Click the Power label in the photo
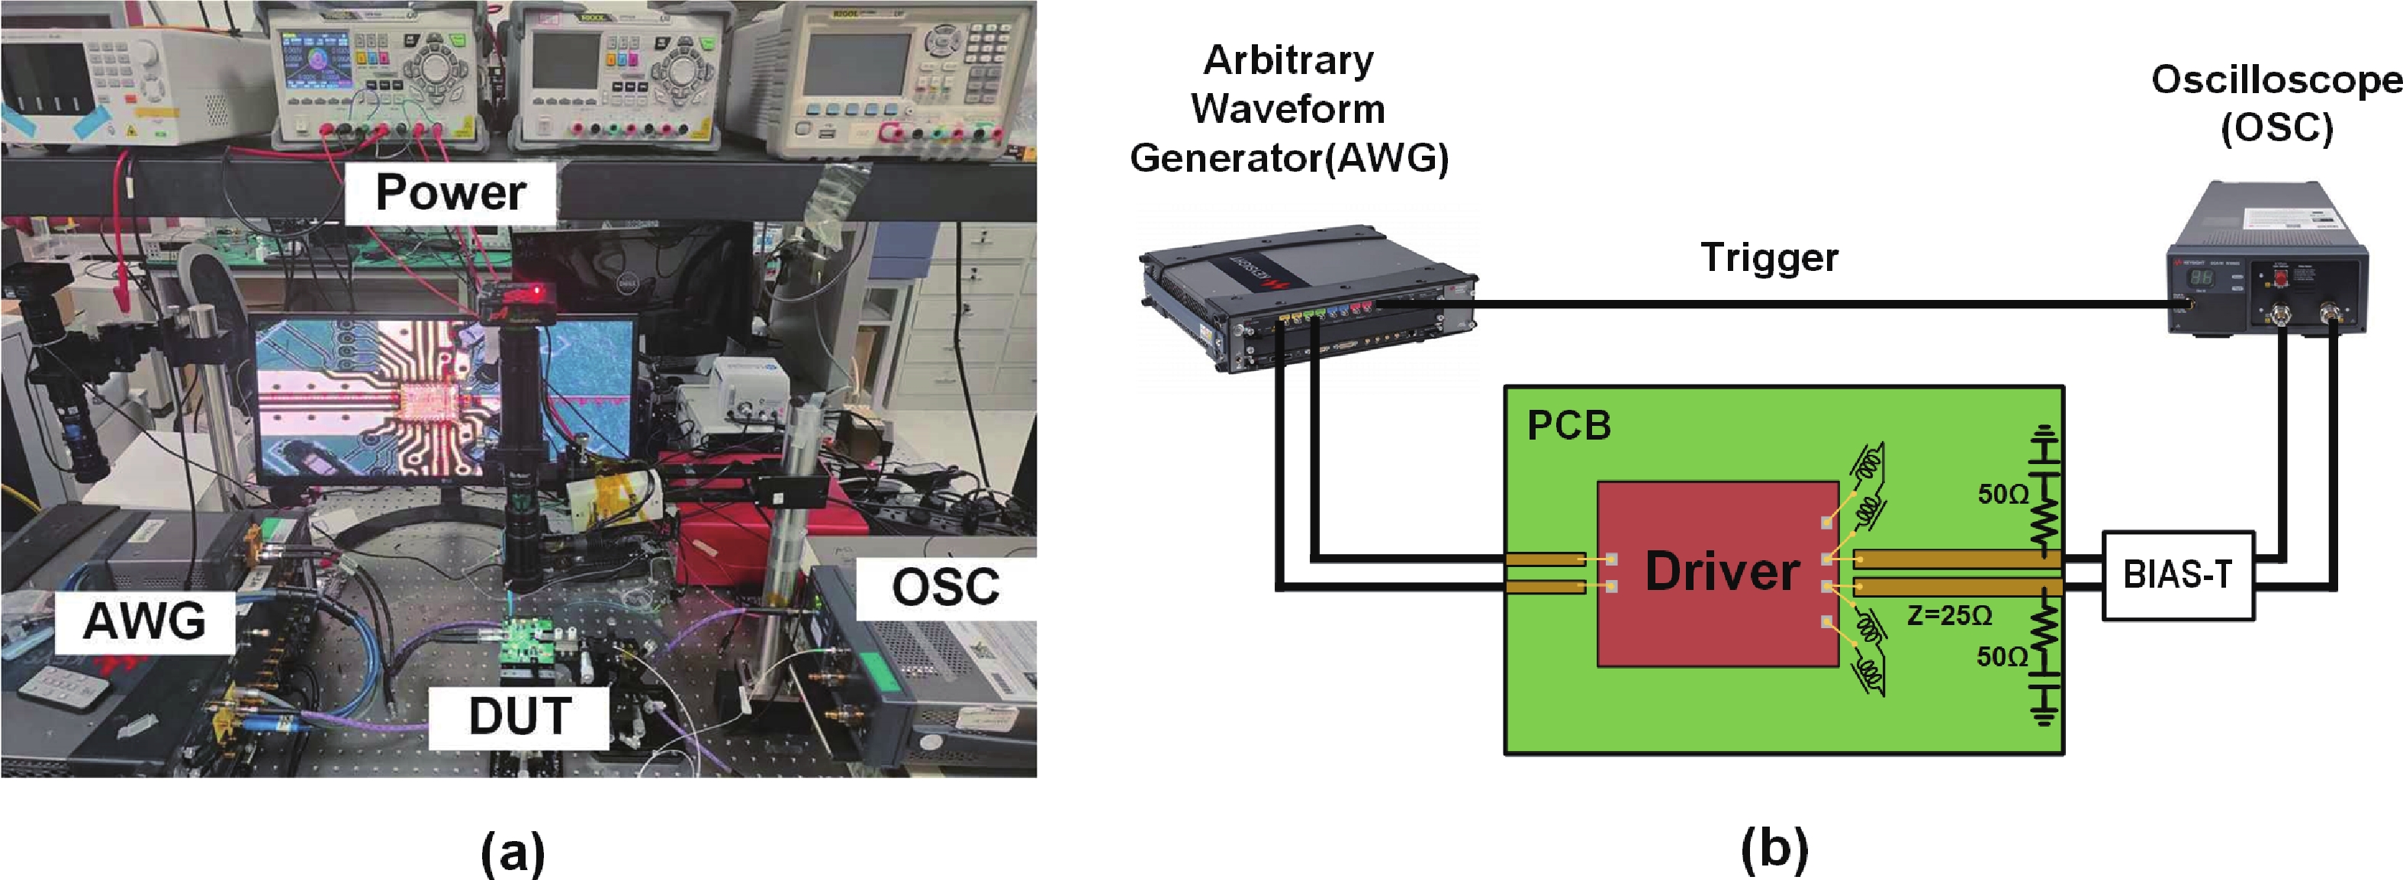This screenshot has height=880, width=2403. tap(451, 193)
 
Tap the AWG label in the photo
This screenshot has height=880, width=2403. tap(145, 621)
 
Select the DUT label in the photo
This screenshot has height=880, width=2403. tap(520, 717)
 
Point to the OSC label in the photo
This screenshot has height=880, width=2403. tap(945, 587)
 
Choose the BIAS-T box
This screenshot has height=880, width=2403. tap(2177, 575)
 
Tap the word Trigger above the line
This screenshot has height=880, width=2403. tap(1768, 257)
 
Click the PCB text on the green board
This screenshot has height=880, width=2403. tap(1569, 426)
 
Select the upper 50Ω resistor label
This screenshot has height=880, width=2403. tap(2002, 495)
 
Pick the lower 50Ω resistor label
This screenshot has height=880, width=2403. tap(2002, 657)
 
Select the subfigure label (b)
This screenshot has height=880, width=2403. tap(1774, 849)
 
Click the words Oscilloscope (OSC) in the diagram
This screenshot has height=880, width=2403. tap(2276, 102)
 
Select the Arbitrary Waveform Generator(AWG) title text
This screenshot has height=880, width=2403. tap(1289, 110)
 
